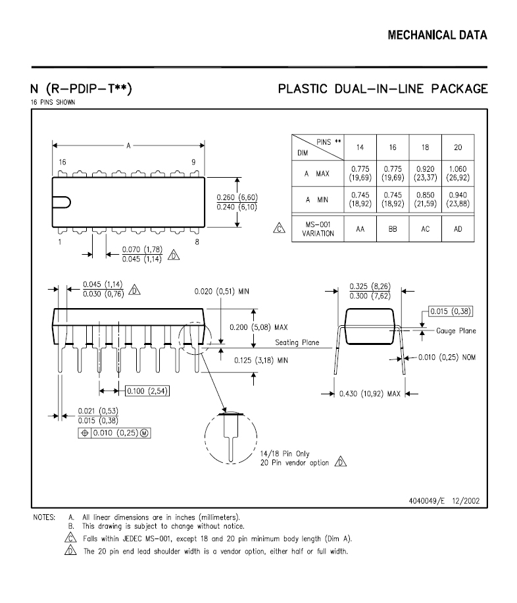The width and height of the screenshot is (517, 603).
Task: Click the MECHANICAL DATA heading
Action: coord(437,36)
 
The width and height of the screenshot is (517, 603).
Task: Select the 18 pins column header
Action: coord(425,147)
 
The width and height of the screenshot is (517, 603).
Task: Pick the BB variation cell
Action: coord(393,229)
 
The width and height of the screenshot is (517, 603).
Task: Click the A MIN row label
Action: coord(317,199)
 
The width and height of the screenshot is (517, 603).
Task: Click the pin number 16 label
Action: coord(62,163)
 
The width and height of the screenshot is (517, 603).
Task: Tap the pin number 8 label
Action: coord(197,242)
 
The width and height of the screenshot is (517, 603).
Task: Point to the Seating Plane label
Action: coord(297,342)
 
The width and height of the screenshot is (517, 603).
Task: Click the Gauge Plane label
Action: coord(456,330)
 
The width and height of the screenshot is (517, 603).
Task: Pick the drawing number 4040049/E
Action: coord(426,501)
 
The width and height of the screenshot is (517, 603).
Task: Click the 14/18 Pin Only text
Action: coord(285,454)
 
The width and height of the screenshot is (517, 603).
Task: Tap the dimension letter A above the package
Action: coord(129,145)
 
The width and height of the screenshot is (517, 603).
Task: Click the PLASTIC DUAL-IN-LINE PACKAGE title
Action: coord(383,89)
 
